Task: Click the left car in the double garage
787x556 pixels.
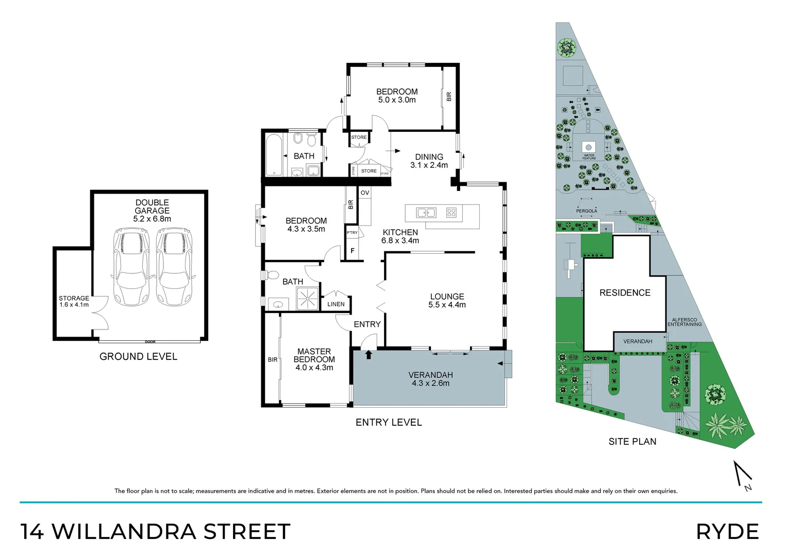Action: point(130,267)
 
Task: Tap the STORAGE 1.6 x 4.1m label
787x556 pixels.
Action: point(74,302)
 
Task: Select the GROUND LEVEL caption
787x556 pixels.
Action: point(138,356)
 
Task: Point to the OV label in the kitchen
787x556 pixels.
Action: point(365,193)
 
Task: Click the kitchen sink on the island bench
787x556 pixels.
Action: point(426,212)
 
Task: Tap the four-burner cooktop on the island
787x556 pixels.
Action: point(451,212)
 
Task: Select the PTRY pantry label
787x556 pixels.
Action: point(352,233)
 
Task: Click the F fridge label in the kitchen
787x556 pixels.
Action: point(353,251)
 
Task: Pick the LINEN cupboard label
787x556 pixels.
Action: point(336,304)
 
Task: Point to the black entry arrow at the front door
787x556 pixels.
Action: point(369,354)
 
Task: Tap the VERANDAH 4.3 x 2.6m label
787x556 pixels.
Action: point(430,379)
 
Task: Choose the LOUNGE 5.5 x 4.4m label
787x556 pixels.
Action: point(447,301)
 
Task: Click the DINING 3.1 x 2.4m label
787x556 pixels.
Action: point(429,161)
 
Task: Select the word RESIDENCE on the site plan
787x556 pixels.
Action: point(625,293)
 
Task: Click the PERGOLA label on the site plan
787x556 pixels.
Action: point(587,211)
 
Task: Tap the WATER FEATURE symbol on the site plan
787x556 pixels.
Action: point(589,147)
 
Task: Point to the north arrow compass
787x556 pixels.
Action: point(743,476)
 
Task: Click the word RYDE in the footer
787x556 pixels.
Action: point(727,532)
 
